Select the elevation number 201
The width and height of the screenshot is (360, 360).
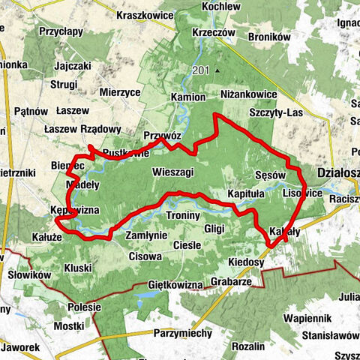(x=200, y=70)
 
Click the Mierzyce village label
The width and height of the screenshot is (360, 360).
(x=119, y=91)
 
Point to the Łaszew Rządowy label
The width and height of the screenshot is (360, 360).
(x=82, y=128)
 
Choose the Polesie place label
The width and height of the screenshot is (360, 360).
(x=83, y=307)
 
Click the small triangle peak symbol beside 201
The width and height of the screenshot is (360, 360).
(x=216, y=71)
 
